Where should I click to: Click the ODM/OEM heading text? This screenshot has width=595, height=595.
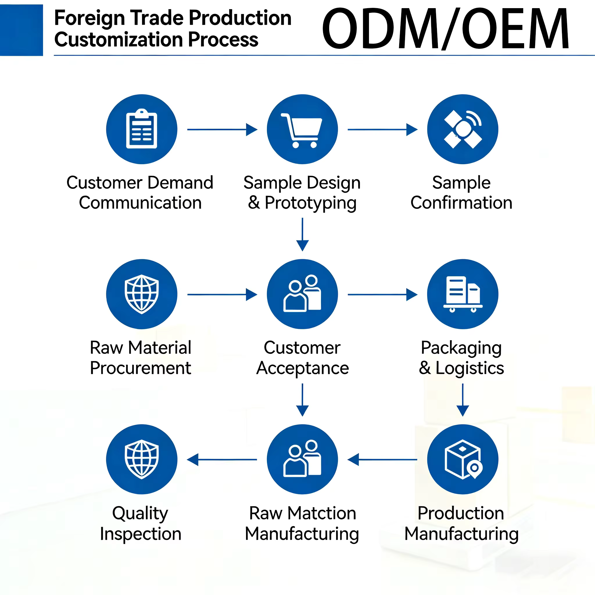(445, 28)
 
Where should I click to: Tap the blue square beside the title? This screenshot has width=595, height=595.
(21, 30)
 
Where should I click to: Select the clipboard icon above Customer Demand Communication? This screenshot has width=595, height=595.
(142, 129)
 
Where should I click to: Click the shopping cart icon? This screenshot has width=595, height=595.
(302, 129)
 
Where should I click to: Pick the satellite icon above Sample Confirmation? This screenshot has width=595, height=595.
(463, 129)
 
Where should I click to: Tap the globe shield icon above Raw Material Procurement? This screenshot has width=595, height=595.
(142, 294)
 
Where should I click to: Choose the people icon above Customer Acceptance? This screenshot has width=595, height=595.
(302, 294)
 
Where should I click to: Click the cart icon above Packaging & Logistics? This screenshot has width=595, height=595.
(463, 294)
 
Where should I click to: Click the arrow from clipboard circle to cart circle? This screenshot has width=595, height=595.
(222, 130)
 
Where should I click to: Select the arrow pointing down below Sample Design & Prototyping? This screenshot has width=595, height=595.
(302, 234)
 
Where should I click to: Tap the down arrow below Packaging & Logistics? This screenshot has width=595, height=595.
(463, 400)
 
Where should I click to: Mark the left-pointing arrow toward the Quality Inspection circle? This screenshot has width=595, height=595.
(222, 460)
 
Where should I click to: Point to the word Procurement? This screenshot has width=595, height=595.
(140, 368)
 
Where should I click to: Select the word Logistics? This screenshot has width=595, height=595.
(470, 368)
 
